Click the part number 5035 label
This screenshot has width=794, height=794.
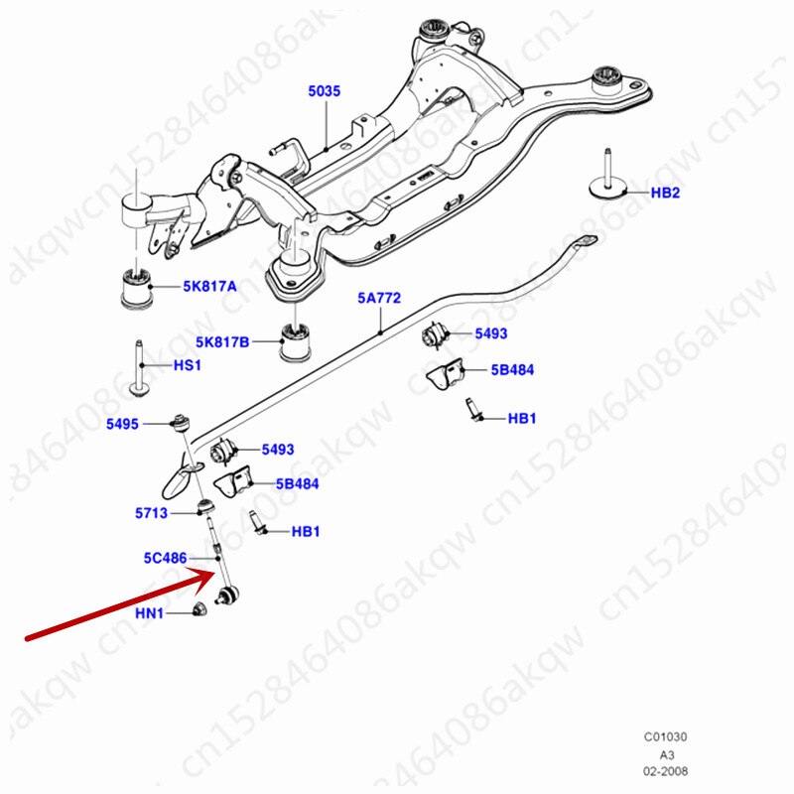[324, 91]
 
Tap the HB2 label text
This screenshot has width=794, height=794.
[665, 193]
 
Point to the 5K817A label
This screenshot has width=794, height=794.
[209, 287]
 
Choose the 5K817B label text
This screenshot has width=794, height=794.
[222, 343]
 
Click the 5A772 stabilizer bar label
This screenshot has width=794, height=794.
[379, 298]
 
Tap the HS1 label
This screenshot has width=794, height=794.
[188, 366]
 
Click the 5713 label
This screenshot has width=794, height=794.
[152, 513]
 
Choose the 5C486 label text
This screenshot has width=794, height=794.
[163, 559]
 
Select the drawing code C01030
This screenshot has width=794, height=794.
[665, 737]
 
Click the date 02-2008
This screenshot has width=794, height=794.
[665, 771]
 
